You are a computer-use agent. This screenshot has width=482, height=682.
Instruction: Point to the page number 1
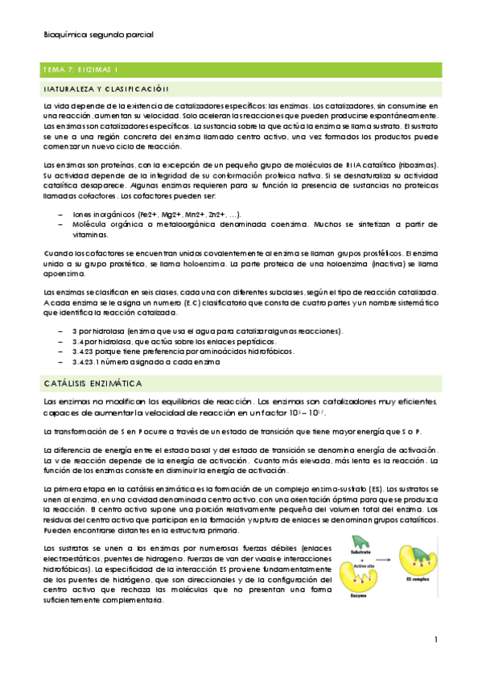(435, 640)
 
